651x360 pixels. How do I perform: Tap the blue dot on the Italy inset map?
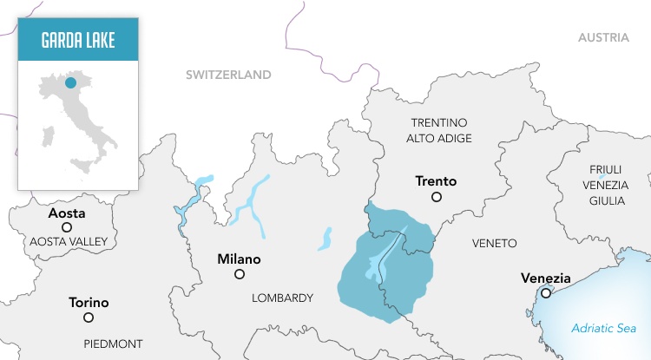[x=70, y=83]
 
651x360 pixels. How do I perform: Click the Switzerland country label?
[x=228, y=75]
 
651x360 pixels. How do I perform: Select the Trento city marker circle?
[x=437, y=198]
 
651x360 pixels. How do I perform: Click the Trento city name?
[x=436, y=181]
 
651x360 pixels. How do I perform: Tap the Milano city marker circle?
[x=240, y=274]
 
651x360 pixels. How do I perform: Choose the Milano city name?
[x=239, y=259]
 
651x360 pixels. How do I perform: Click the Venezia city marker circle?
[x=545, y=293]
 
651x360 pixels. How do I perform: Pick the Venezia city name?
[x=545, y=278]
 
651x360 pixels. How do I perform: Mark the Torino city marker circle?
[x=89, y=317]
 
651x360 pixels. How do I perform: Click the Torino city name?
[x=89, y=303]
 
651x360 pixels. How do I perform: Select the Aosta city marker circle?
[x=67, y=227]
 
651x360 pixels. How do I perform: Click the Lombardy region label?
[x=282, y=298]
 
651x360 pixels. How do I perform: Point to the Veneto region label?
[x=494, y=244]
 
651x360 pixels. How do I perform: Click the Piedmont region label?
[x=114, y=344]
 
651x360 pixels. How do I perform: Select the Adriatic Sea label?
[x=604, y=328]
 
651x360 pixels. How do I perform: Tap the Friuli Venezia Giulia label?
[x=605, y=184]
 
